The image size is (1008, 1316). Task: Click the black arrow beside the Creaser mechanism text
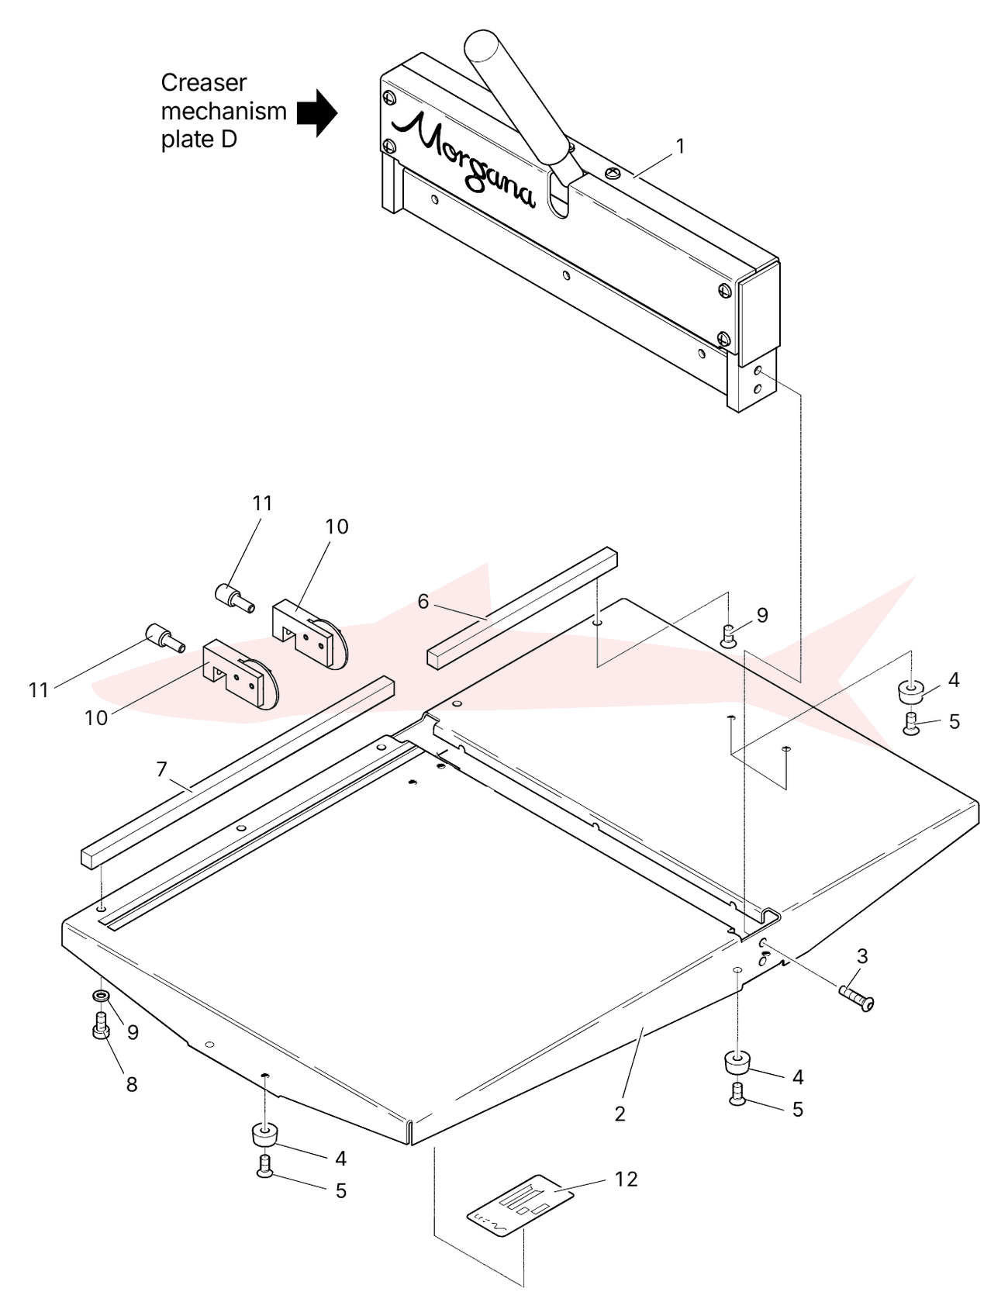pyautogui.click(x=317, y=113)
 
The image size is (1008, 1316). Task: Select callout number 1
pyautogui.click(x=680, y=146)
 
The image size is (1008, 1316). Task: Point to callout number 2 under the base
pyautogui.click(x=620, y=1114)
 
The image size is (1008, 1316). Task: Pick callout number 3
pyautogui.click(x=861, y=956)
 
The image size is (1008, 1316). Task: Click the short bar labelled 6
pyautogui.click(x=523, y=607)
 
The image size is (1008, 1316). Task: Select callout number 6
pyautogui.click(x=423, y=601)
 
